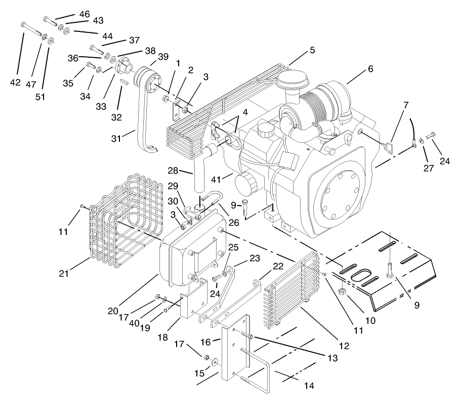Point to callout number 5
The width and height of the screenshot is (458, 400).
[x=312, y=50]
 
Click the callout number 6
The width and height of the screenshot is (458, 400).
[x=370, y=69]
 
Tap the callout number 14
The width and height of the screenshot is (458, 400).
[x=309, y=386]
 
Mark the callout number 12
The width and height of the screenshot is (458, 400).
[x=344, y=346]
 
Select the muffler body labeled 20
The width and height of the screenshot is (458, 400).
[x=182, y=258]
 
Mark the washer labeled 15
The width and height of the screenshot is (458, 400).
[x=216, y=363]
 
